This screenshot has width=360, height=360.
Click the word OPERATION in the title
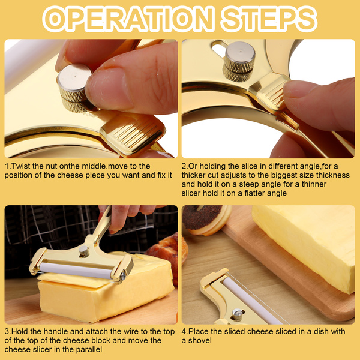[128, 19]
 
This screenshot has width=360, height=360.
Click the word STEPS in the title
[269, 19]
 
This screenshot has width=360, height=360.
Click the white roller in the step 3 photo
[76, 271]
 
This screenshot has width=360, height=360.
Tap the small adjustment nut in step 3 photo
[84, 251]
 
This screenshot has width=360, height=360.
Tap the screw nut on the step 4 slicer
[238, 315]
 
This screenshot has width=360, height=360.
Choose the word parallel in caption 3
[89, 350]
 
